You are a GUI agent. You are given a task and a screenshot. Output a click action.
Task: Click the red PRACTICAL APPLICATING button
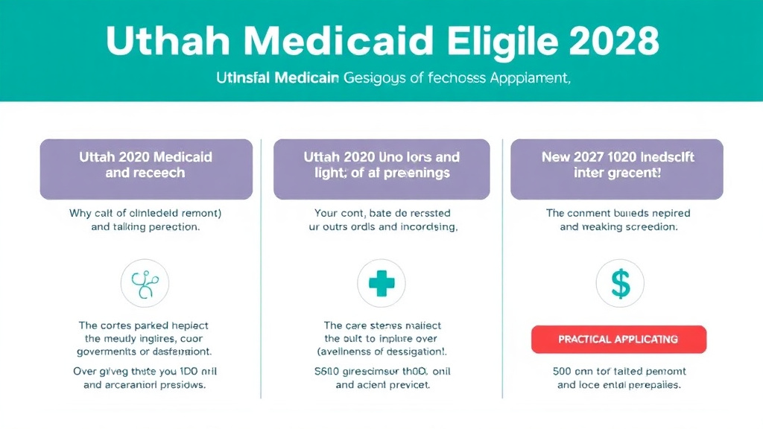[x=618, y=339]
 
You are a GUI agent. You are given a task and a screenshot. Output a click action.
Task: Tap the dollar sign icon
[x=620, y=284]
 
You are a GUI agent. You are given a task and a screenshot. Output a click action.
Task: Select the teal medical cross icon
[x=381, y=284]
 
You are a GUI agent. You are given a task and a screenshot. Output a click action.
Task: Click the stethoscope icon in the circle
[x=145, y=284]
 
